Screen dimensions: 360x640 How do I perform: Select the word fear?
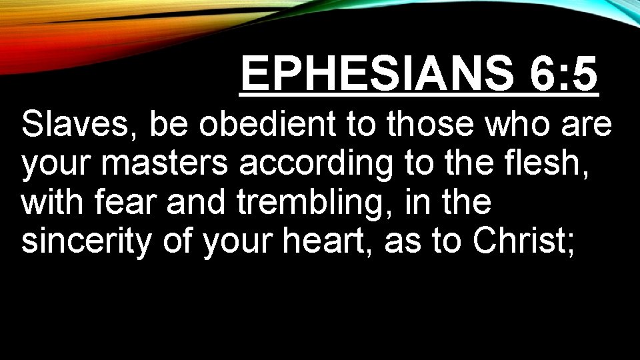[122, 203]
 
